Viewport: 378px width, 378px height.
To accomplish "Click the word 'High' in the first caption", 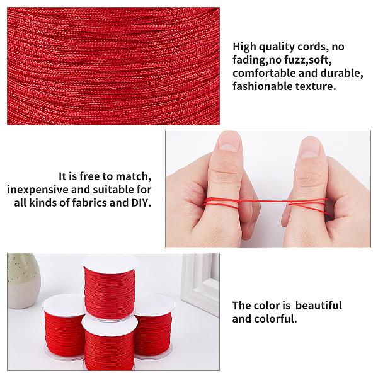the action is (x=244, y=47).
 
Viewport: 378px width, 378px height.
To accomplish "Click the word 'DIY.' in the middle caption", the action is (x=141, y=203).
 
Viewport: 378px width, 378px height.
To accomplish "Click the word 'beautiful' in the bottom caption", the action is (x=318, y=306).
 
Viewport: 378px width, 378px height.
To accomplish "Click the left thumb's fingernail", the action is (x=229, y=142).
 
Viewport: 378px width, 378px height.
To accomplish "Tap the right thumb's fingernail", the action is (x=309, y=147).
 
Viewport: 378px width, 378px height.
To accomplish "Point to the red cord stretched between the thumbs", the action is (x=265, y=200).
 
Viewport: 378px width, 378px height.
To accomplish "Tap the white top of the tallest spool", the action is (x=110, y=264).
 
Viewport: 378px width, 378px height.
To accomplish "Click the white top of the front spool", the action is (x=110, y=326).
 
